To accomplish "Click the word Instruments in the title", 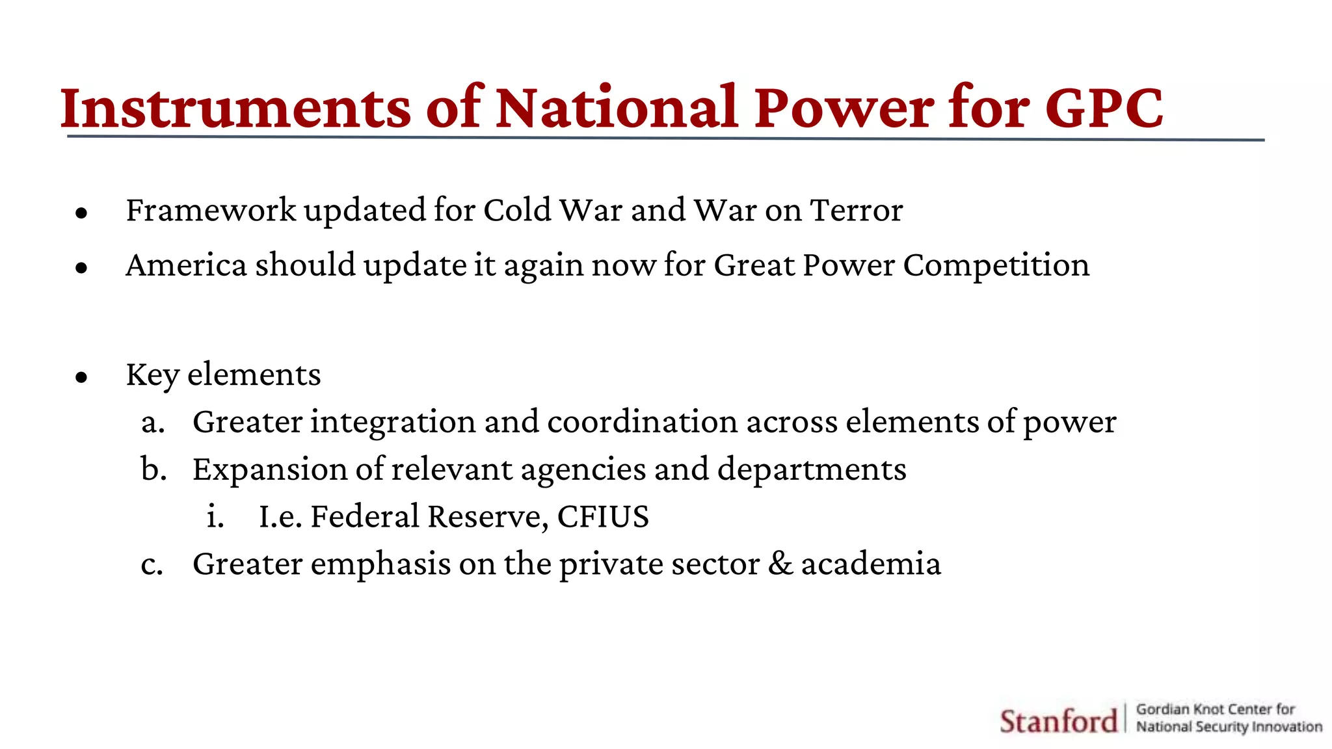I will point(235,108).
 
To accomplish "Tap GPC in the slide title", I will point(1104,108).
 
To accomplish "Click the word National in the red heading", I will point(617,108).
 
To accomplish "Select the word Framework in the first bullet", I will point(211,211).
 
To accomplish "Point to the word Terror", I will point(856,211).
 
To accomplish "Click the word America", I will point(186,265).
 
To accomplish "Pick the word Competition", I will point(996,266).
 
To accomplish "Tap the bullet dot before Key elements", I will point(81,377).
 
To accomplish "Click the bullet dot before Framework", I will point(81,213).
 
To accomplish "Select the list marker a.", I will point(153,423).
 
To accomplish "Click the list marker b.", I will point(153,469).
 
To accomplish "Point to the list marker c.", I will point(152,564).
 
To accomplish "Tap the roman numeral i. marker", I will point(215,517).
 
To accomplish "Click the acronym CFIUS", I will point(603,517).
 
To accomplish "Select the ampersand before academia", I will point(780,564).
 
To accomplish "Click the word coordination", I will point(642,422).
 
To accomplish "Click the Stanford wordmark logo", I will point(1058,721).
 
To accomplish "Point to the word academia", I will point(871,564).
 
